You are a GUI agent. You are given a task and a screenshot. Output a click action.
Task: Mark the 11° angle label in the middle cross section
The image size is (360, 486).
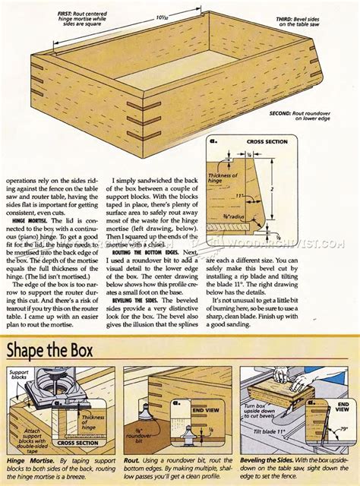(241, 195)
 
